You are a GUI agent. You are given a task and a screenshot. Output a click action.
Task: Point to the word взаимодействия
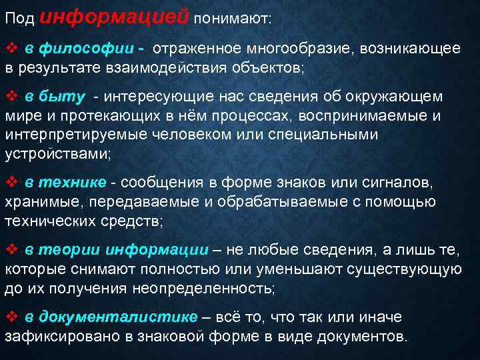[x=163, y=68]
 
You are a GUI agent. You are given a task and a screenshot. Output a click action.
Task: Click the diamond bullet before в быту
[x=11, y=97]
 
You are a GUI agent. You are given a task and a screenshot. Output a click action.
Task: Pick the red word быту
[x=62, y=97]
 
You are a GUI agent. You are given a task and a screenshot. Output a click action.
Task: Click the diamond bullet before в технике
[x=11, y=183]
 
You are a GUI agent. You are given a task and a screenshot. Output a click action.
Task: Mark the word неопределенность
[x=200, y=288]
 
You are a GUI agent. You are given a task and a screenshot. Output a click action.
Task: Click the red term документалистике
[x=119, y=317]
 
